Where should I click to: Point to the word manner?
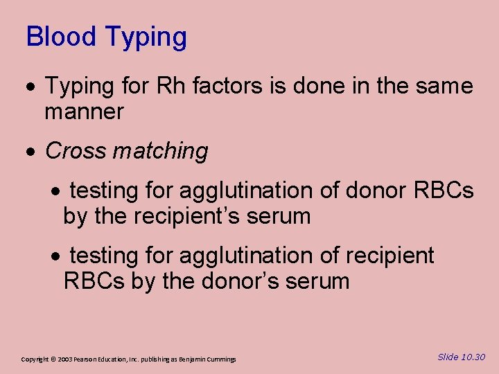click(x=84, y=112)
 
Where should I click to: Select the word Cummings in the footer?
click(x=220, y=359)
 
